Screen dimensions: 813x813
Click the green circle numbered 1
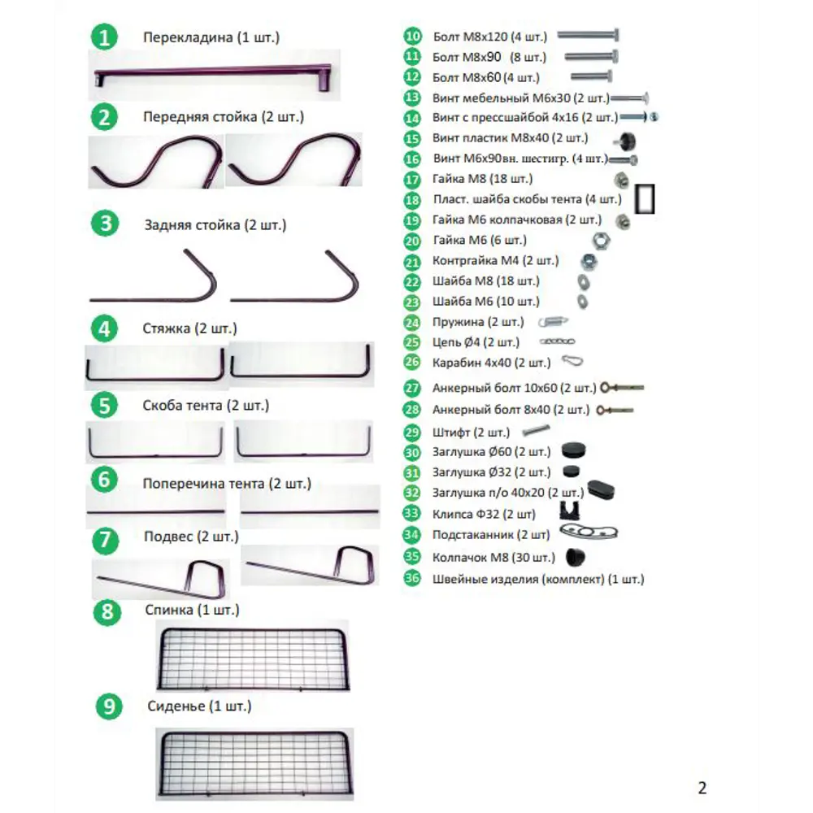[x=104, y=37]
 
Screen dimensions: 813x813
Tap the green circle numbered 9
[x=109, y=706]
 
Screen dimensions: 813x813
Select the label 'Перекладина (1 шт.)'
[x=211, y=37]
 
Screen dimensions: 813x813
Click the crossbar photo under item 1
[x=213, y=75]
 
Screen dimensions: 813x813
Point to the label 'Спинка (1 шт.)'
[x=192, y=610]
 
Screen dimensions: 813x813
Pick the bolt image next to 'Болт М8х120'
[x=588, y=35]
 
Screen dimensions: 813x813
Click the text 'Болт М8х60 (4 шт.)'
[x=486, y=78]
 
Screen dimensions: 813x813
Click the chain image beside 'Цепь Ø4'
[x=558, y=341]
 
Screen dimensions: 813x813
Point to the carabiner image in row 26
[x=572, y=361]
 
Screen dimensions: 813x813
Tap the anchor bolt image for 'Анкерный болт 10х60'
[x=622, y=387]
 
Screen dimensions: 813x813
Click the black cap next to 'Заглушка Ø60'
[x=573, y=450]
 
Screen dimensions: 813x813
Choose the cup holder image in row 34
[x=589, y=532]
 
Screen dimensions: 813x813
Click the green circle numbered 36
[x=412, y=578]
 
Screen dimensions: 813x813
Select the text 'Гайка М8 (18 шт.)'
[x=482, y=179]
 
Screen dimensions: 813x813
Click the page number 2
[x=702, y=788]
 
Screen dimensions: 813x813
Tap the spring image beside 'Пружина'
[x=553, y=322]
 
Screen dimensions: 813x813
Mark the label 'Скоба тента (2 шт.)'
[x=206, y=406]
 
